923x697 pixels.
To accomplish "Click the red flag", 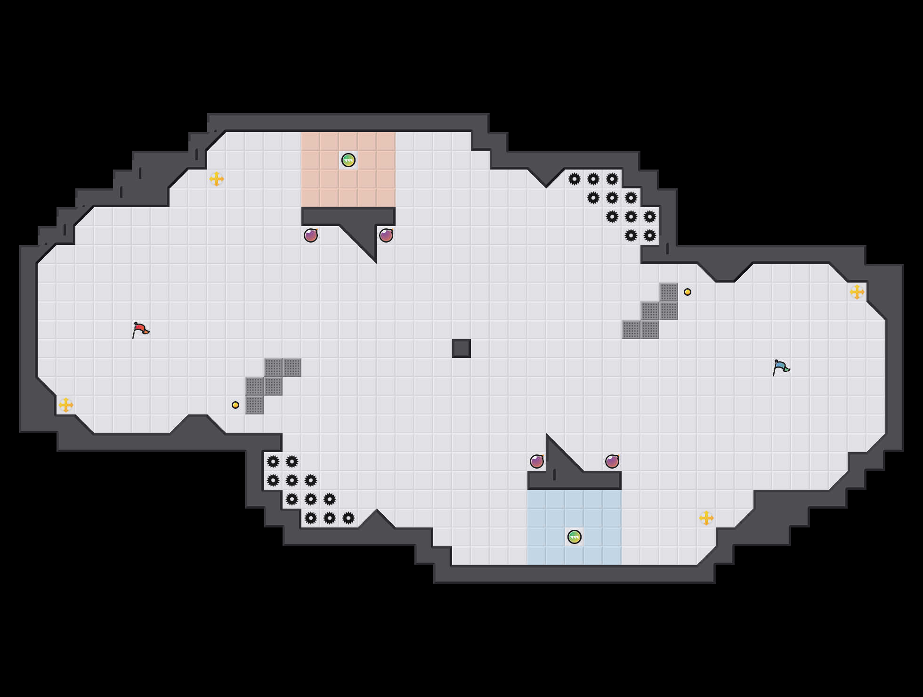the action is point(140,330).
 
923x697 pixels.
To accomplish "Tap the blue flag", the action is point(781,367).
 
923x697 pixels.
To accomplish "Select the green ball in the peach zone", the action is point(348,160).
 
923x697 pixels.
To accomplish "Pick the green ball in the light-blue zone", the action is point(575,537).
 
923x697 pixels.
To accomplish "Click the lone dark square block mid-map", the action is point(461,348).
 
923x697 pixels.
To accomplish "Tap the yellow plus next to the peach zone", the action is point(217,179).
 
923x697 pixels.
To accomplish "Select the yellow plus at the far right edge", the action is point(857,292).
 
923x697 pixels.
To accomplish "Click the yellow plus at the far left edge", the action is point(66,405).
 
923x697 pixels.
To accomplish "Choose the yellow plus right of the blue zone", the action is point(706,518).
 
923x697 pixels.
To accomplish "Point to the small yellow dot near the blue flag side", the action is point(688,292).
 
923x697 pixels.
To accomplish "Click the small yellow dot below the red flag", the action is point(235,405).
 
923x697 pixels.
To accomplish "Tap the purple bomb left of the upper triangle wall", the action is point(311,235).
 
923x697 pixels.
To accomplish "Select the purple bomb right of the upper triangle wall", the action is point(386,235).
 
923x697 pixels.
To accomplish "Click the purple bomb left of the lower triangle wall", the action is point(537,462).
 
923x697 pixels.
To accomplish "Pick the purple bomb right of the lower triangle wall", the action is point(612,462).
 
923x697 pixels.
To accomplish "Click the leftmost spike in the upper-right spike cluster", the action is point(575,179).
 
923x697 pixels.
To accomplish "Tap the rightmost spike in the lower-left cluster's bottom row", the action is point(348,518).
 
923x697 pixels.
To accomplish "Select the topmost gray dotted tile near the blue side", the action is point(669,292).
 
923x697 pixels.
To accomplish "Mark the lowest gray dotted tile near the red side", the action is point(254,405).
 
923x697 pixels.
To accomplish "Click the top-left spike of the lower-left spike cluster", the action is point(273,462).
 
